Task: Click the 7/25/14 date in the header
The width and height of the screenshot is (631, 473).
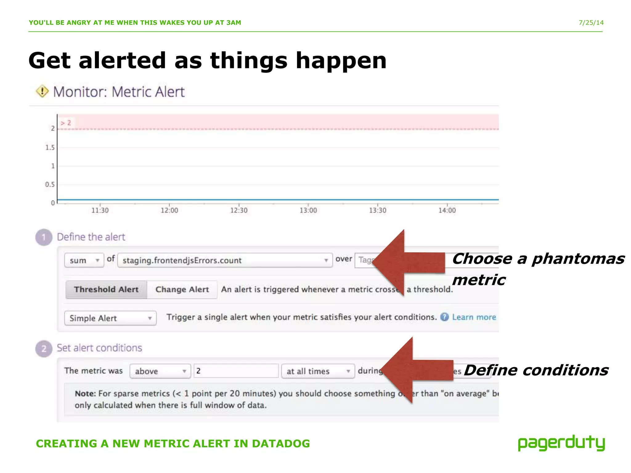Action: [591, 22]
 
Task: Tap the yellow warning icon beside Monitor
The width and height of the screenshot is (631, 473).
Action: [42, 91]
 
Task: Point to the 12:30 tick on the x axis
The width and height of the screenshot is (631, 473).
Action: [239, 210]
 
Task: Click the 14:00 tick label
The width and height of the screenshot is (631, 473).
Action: [447, 210]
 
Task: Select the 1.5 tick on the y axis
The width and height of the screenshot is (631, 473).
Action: [50, 148]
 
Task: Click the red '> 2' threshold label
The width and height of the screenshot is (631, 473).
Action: [66, 123]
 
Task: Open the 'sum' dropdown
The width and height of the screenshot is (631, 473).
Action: [84, 260]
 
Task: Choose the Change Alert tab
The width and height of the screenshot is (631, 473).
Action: [182, 289]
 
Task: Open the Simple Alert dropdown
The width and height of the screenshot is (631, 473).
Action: [110, 318]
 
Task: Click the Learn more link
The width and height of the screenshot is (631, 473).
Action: [474, 317]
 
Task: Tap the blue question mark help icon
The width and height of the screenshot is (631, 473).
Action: [444, 317]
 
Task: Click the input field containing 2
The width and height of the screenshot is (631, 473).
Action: [236, 371]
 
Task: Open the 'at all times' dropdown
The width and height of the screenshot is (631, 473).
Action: [318, 371]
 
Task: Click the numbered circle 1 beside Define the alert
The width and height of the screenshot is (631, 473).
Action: [44, 237]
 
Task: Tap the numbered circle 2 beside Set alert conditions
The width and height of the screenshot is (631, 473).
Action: [44, 349]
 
